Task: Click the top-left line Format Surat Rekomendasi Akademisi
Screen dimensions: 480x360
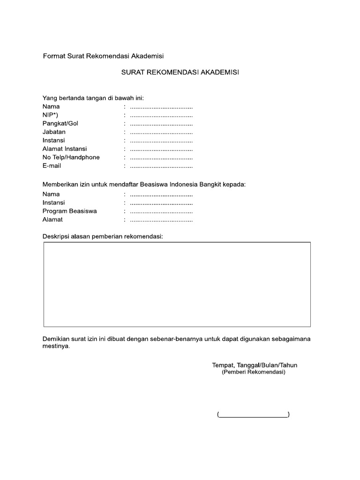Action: [103, 56]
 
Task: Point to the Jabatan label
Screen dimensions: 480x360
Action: [54, 132]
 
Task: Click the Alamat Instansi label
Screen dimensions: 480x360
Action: [65, 149]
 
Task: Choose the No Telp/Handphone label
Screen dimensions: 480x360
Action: [71, 157]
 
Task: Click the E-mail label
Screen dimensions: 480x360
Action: [52, 165]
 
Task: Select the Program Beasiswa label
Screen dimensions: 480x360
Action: [69, 211]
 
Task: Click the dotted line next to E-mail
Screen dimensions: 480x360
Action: [161, 166]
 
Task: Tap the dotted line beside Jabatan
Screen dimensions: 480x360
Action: [161, 132]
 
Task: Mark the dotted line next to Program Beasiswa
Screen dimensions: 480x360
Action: [161, 211]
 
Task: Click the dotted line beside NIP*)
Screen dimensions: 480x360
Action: [161, 115]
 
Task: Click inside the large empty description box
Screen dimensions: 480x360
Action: [177, 284]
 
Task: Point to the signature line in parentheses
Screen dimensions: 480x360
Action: [253, 414]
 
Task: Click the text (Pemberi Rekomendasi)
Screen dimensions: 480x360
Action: [253, 372]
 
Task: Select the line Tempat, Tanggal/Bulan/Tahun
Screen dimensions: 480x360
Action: [255, 365]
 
